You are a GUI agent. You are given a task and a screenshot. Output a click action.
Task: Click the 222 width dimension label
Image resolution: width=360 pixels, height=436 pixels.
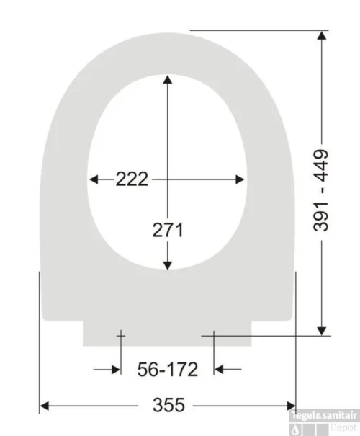pyautogui.click(x=132, y=179)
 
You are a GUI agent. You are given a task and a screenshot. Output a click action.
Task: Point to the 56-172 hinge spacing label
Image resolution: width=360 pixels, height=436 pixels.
pyautogui.click(x=168, y=370)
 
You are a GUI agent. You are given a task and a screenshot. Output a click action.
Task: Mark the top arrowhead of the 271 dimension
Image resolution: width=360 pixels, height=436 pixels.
pyautogui.click(x=168, y=81)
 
